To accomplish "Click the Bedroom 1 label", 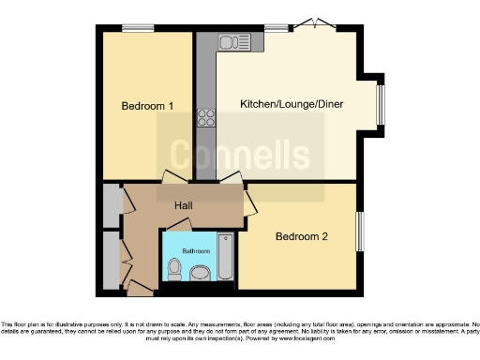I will point(147,106).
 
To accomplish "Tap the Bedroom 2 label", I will point(301,236).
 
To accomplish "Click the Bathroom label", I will point(182,251).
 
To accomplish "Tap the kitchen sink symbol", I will point(231,41).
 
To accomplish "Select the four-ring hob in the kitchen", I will point(205,118).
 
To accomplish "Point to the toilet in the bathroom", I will point(173,270).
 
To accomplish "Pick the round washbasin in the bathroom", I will point(200,273).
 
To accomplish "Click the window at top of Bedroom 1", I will point(138,28).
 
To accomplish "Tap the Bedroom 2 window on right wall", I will point(358,232).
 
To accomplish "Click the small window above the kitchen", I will point(276,28).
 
